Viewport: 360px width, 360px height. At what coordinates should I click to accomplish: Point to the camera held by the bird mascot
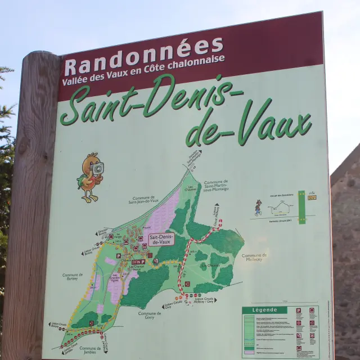coord(97,168)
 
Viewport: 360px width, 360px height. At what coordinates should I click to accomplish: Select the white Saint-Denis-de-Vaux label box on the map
coord(162,239)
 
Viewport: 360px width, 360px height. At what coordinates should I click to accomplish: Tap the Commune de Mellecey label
coord(254,257)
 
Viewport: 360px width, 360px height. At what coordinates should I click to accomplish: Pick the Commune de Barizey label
coord(73,277)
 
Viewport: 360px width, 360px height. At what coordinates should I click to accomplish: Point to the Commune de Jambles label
coord(90,350)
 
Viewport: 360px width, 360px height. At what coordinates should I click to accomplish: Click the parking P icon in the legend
coord(298,310)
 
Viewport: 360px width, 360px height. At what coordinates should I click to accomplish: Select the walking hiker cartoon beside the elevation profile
coord(258,208)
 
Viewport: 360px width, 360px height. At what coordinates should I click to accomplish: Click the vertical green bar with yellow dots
coord(301,207)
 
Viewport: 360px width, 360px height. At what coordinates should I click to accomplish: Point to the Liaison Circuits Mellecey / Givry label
coord(202,300)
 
